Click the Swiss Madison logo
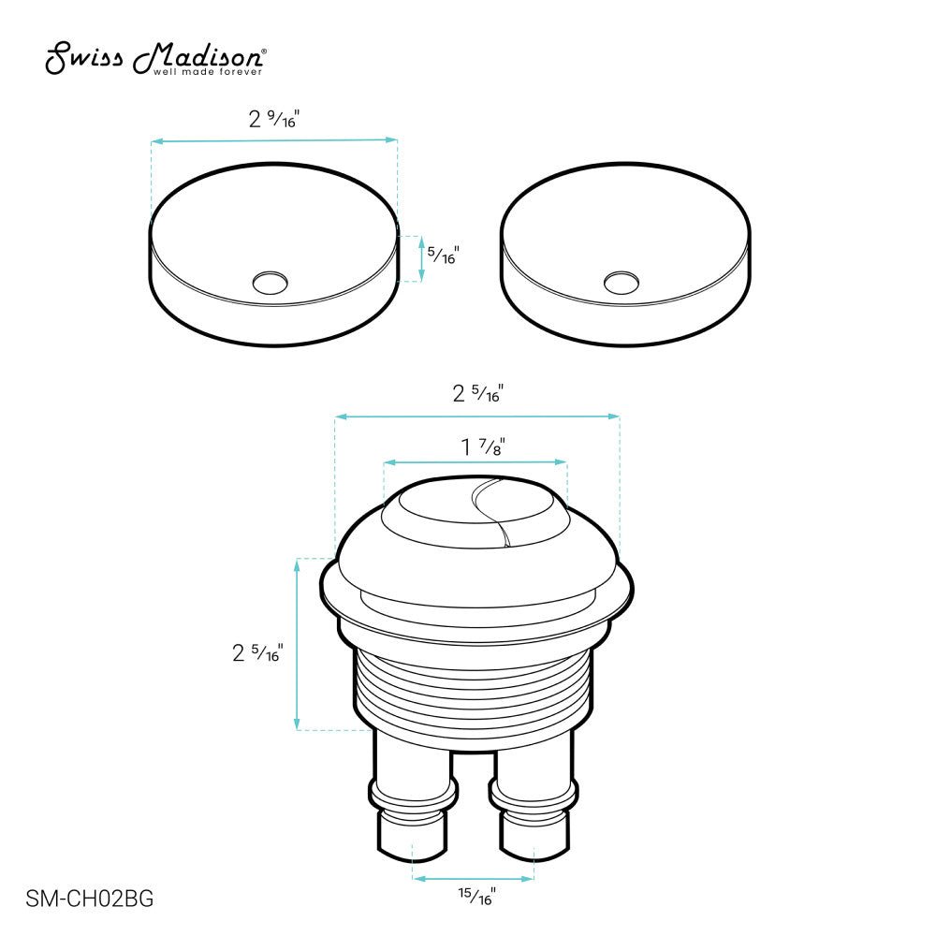coord(157,58)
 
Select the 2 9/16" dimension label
coord(272,119)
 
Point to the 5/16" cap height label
coord(443,254)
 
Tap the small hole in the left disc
coord(271,282)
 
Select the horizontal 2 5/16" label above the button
coord(477,394)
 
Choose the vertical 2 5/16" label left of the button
coord(257,653)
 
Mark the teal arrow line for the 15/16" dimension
coord(474,878)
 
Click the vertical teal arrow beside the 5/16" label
coord(422,257)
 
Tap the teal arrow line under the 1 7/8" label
coord(475,461)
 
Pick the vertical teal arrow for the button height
coord(298,644)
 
